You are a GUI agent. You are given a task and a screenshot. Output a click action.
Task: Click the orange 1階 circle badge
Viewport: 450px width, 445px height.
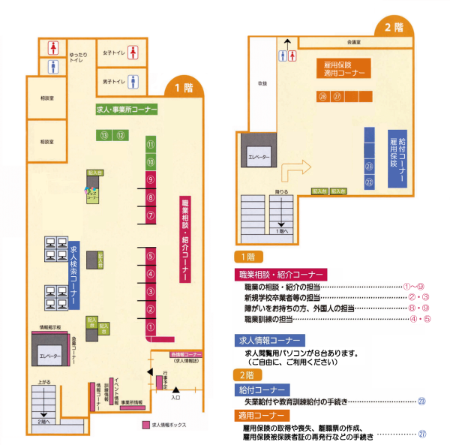(183, 88)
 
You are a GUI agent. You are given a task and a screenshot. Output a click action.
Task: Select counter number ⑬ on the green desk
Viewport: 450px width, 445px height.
(105, 135)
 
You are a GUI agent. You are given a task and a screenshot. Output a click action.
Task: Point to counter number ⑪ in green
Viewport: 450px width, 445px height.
(151, 144)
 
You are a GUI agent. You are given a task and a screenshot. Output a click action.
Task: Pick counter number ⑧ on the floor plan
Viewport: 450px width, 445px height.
(151, 197)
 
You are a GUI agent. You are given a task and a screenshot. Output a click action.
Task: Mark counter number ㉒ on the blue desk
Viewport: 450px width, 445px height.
(369, 182)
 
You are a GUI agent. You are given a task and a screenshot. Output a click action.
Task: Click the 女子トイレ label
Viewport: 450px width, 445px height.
(114, 52)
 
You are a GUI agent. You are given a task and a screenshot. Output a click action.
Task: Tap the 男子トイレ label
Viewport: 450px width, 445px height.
(114, 80)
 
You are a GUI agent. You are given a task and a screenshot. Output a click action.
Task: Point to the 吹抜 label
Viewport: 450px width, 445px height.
(262, 83)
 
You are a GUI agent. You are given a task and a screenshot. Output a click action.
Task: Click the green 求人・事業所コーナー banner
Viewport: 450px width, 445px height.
(127, 110)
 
